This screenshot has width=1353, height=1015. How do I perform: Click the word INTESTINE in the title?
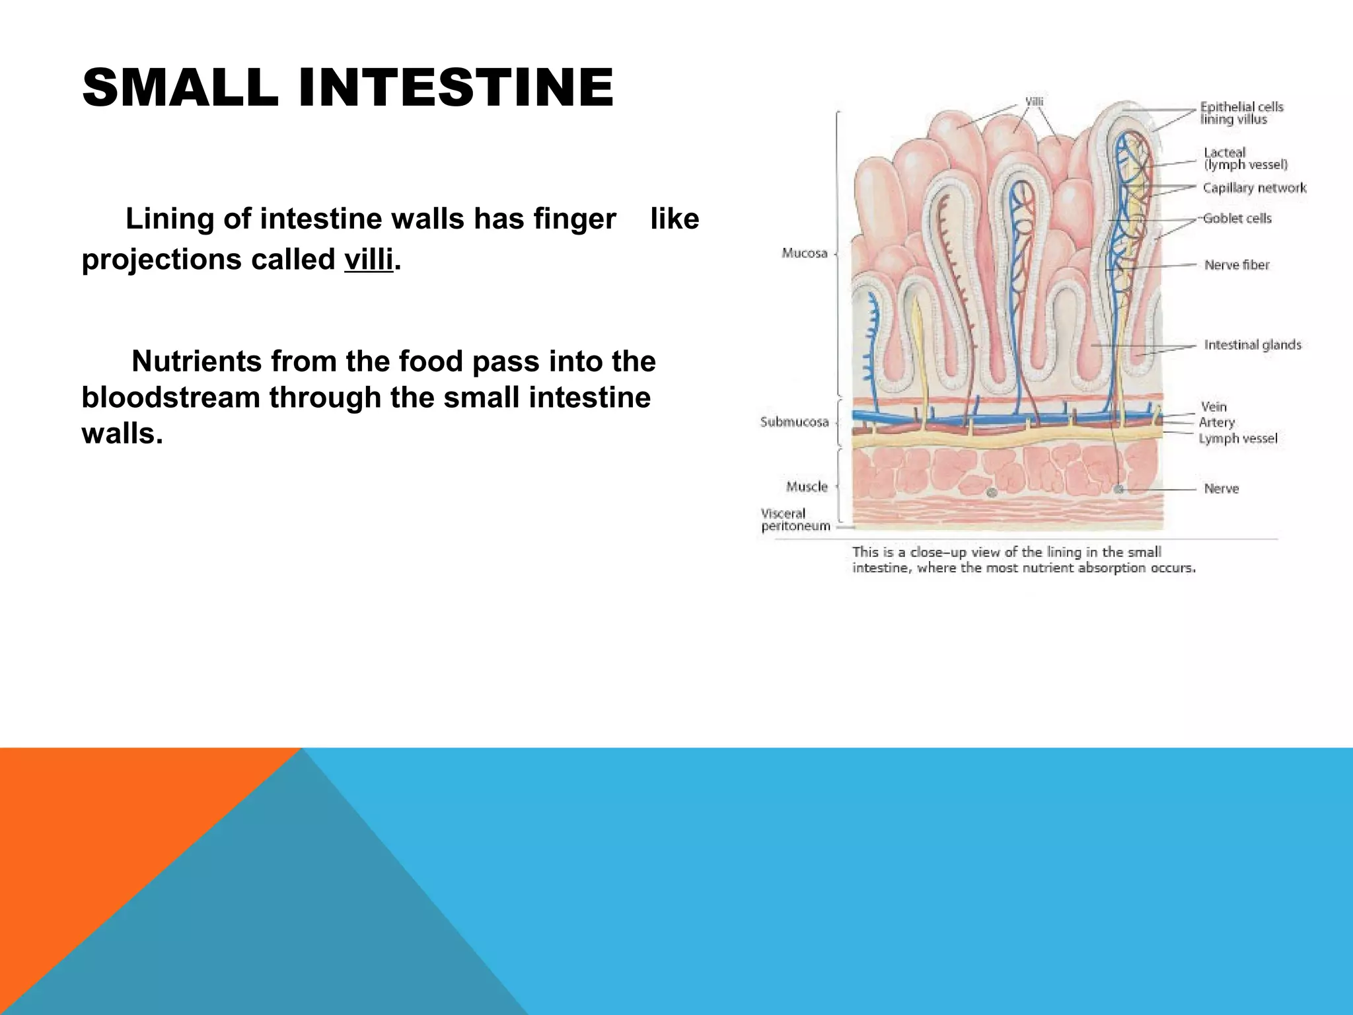tap(456, 88)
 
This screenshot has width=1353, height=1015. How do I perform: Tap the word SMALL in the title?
tap(180, 88)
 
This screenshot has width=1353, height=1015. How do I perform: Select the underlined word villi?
tap(368, 260)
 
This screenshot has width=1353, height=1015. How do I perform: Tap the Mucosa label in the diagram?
tap(804, 253)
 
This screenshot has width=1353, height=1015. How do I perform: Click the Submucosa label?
tap(794, 422)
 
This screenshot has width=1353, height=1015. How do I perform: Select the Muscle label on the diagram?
tap(806, 487)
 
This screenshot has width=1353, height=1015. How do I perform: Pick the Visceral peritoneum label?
tap(795, 520)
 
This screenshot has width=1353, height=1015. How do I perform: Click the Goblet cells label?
tap(1237, 218)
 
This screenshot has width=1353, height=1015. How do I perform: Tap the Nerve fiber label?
tap(1236, 265)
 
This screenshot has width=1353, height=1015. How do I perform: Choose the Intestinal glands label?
tap(1252, 345)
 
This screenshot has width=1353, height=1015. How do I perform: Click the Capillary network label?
tap(1254, 188)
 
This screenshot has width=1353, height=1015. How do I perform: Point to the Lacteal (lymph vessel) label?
tap(1245, 159)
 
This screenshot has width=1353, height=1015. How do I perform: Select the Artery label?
tap(1216, 422)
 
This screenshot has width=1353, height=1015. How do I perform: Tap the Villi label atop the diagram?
tap(1033, 102)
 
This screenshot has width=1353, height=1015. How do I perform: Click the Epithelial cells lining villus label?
tap(1241, 113)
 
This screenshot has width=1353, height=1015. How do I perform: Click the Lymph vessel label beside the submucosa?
tap(1237, 438)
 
